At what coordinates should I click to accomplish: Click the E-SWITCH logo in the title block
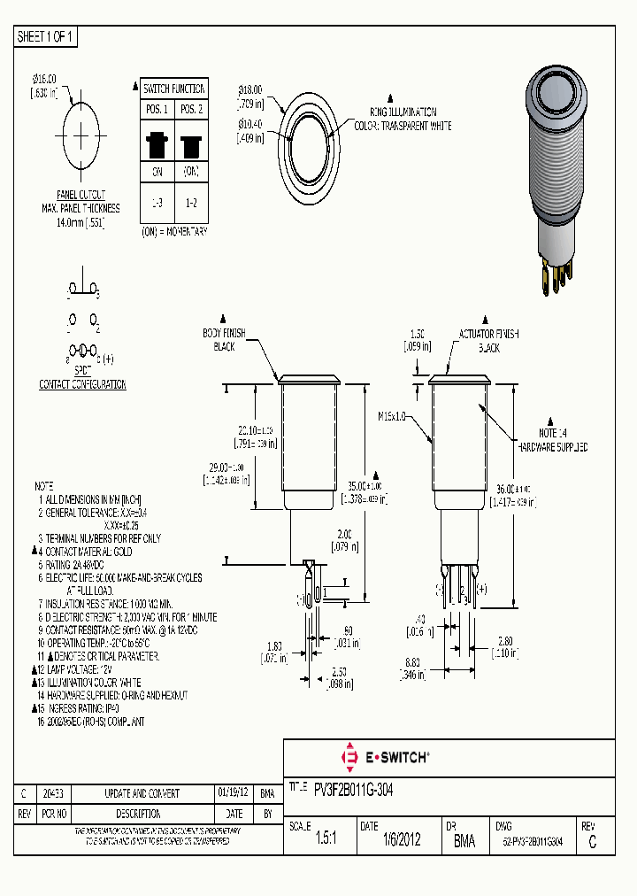coord(385,757)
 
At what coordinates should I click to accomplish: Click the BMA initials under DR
coord(464,842)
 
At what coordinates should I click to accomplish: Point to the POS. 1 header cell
coord(157,109)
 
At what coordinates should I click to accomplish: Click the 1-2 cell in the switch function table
coord(191,203)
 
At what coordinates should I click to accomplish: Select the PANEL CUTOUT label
coord(81,195)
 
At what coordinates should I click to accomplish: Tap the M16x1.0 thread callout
coord(391,415)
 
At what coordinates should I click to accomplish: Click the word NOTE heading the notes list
coord(44,487)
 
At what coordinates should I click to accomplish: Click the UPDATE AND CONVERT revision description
coord(142,793)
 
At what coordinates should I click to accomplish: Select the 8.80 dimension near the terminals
coord(413,661)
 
